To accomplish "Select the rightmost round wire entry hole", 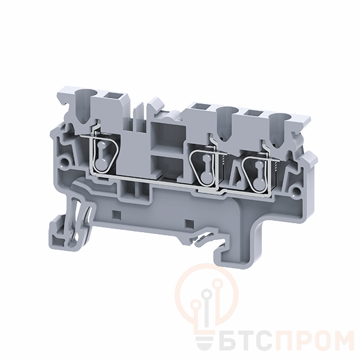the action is pyautogui.click(x=278, y=118).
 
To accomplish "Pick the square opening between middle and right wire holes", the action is pyautogui.click(x=252, y=113).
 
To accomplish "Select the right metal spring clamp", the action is pyautogui.click(x=257, y=173).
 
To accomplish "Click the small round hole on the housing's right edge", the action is pyautogui.click(x=297, y=190).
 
